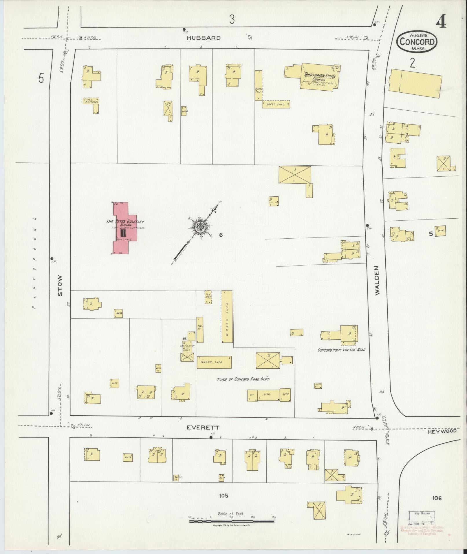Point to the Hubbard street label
203,38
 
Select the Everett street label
203,427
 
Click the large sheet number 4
441,22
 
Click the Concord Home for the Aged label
341,350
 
